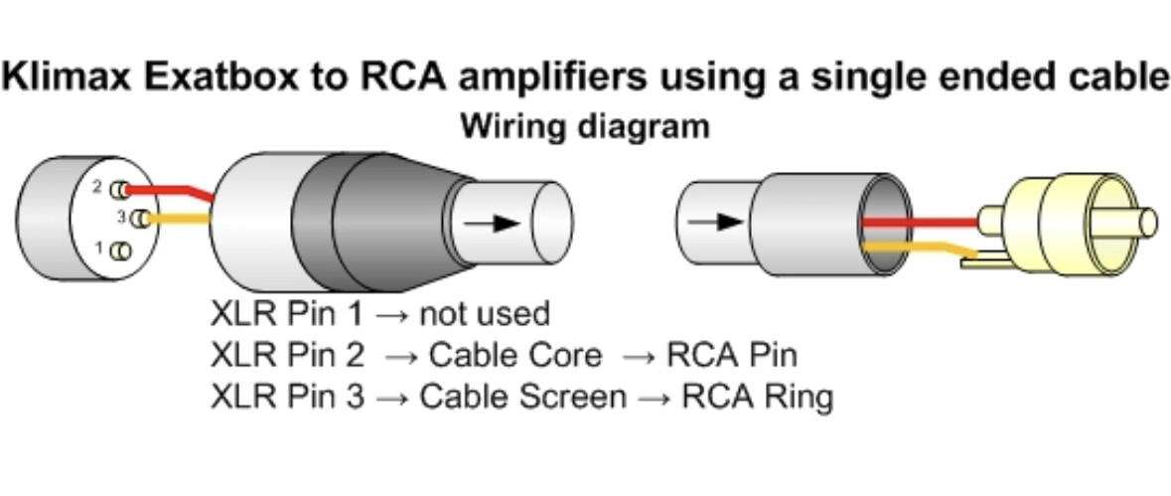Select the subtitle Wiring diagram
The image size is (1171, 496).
point(585,126)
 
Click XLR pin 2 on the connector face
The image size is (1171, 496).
point(121,188)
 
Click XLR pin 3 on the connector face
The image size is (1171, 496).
point(142,219)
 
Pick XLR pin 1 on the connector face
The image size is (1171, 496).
point(121,251)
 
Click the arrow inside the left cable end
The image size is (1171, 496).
point(493,223)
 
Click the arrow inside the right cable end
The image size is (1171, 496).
point(716,220)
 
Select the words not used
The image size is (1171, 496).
point(484,315)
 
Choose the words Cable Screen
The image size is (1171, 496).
point(522,398)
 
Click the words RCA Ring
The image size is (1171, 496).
point(757,398)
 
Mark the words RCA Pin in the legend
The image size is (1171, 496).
point(732,356)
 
